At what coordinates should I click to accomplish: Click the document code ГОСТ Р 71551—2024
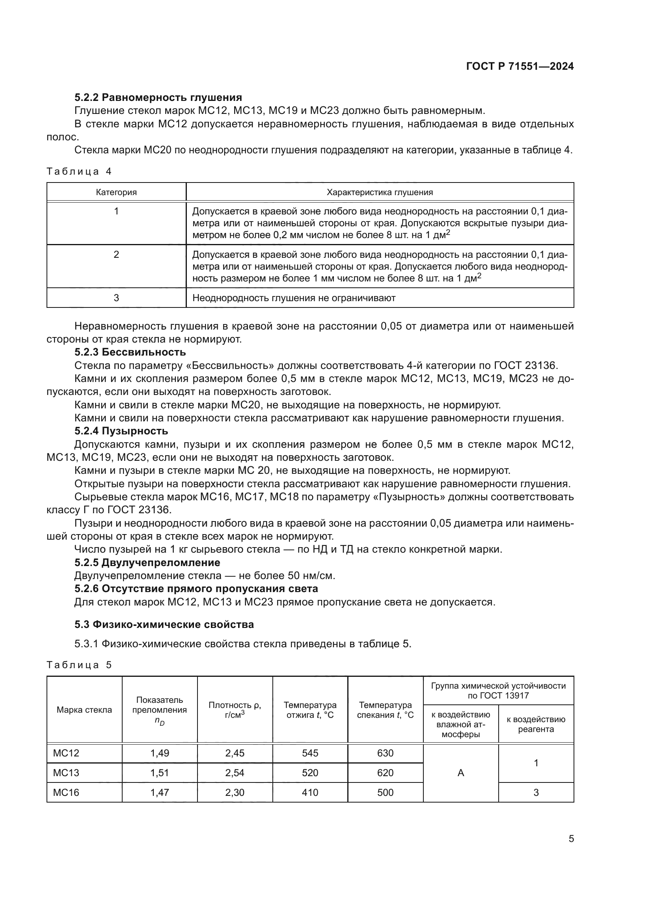click(520, 66)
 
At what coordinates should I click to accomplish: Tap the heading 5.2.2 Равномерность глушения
click(158, 97)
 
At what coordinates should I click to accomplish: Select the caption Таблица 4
click(79, 171)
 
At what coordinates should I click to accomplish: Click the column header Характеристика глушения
click(379, 192)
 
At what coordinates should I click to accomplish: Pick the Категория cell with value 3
click(116, 298)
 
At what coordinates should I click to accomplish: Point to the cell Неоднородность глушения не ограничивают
click(294, 298)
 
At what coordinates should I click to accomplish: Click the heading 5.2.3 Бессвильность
click(130, 352)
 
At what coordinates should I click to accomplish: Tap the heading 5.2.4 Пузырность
click(121, 431)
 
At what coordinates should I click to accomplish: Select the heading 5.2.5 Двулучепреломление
click(147, 563)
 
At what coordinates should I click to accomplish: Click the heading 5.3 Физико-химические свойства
click(164, 624)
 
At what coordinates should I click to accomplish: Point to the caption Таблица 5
click(79, 665)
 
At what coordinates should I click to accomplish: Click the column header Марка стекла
click(84, 710)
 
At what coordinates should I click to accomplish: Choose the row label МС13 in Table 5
click(66, 773)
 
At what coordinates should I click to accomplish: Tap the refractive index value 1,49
click(160, 753)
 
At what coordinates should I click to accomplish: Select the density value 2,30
click(235, 792)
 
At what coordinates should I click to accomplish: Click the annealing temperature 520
click(310, 773)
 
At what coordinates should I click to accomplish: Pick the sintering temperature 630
click(385, 753)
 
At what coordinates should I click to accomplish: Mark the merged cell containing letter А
click(460, 773)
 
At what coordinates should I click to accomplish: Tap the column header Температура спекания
click(385, 710)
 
